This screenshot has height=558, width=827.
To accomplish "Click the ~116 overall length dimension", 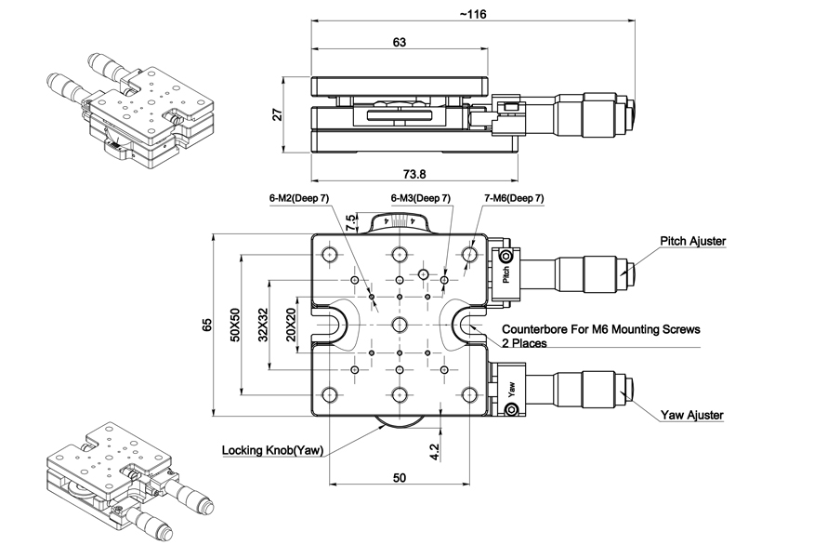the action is point(473,14).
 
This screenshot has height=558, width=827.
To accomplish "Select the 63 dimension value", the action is point(400,42).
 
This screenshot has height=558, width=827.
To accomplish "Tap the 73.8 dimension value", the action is point(414,174).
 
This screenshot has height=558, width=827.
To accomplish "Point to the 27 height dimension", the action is point(278,114).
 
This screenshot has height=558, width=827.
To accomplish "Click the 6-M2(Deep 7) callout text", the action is point(298,198).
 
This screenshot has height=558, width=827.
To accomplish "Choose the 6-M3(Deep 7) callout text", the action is point(420,198).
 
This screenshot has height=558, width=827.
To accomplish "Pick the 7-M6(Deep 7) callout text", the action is point(514,198).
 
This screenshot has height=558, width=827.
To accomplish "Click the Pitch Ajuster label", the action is point(692,241).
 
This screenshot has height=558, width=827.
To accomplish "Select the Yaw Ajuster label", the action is point(692,415).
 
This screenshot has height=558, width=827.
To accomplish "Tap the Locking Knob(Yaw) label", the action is point(272,450).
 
